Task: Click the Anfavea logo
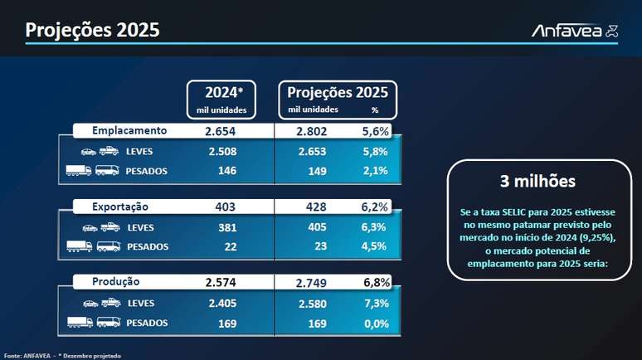pyautogui.click(x=574, y=31)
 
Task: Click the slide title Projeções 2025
pyautogui.click(x=92, y=30)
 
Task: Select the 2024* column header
pyautogui.click(x=220, y=91)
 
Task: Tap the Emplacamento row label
pyautogui.click(x=129, y=131)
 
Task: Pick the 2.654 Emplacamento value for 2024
pyautogui.click(x=221, y=131)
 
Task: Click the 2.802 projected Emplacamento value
pyautogui.click(x=312, y=131)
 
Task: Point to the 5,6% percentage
pyautogui.click(x=375, y=131)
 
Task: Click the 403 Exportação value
pyautogui.click(x=225, y=207)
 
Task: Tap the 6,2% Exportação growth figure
pyautogui.click(x=375, y=207)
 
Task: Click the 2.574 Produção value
pyautogui.click(x=221, y=282)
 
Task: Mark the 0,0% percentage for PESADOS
pyautogui.click(x=375, y=323)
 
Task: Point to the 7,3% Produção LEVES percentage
pyautogui.click(x=375, y=303)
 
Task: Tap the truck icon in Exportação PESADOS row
pyautogui.click(x=79, y=246)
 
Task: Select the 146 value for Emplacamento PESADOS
pyautogui.click(x=226, y=171)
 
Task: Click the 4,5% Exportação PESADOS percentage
pyautogui.click(x=375, y=246)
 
